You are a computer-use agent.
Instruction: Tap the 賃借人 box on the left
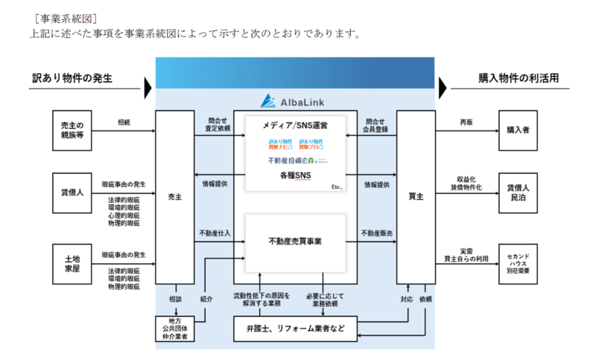72,192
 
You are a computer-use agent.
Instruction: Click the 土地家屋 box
72,263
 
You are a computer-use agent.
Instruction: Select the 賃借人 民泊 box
518,193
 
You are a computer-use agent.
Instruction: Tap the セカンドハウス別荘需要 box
518,263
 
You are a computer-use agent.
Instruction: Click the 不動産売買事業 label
295,241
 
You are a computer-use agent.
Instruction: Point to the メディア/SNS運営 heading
296,125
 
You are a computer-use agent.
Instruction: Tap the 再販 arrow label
466,121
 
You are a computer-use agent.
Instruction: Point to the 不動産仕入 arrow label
215,233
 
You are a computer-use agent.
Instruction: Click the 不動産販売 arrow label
377,233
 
